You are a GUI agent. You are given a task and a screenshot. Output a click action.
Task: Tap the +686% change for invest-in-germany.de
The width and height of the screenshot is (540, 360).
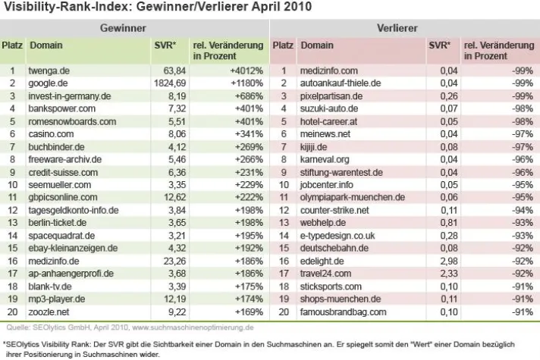point(243,95)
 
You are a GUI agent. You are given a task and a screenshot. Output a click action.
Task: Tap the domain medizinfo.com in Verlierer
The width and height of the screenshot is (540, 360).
point(328,70)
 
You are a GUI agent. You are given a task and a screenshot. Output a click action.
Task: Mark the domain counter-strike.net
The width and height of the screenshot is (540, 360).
point(334,209)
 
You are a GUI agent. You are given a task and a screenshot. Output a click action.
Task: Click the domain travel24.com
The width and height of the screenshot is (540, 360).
point(325,273)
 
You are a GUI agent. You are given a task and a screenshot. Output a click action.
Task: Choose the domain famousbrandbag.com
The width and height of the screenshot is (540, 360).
point(343,311)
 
